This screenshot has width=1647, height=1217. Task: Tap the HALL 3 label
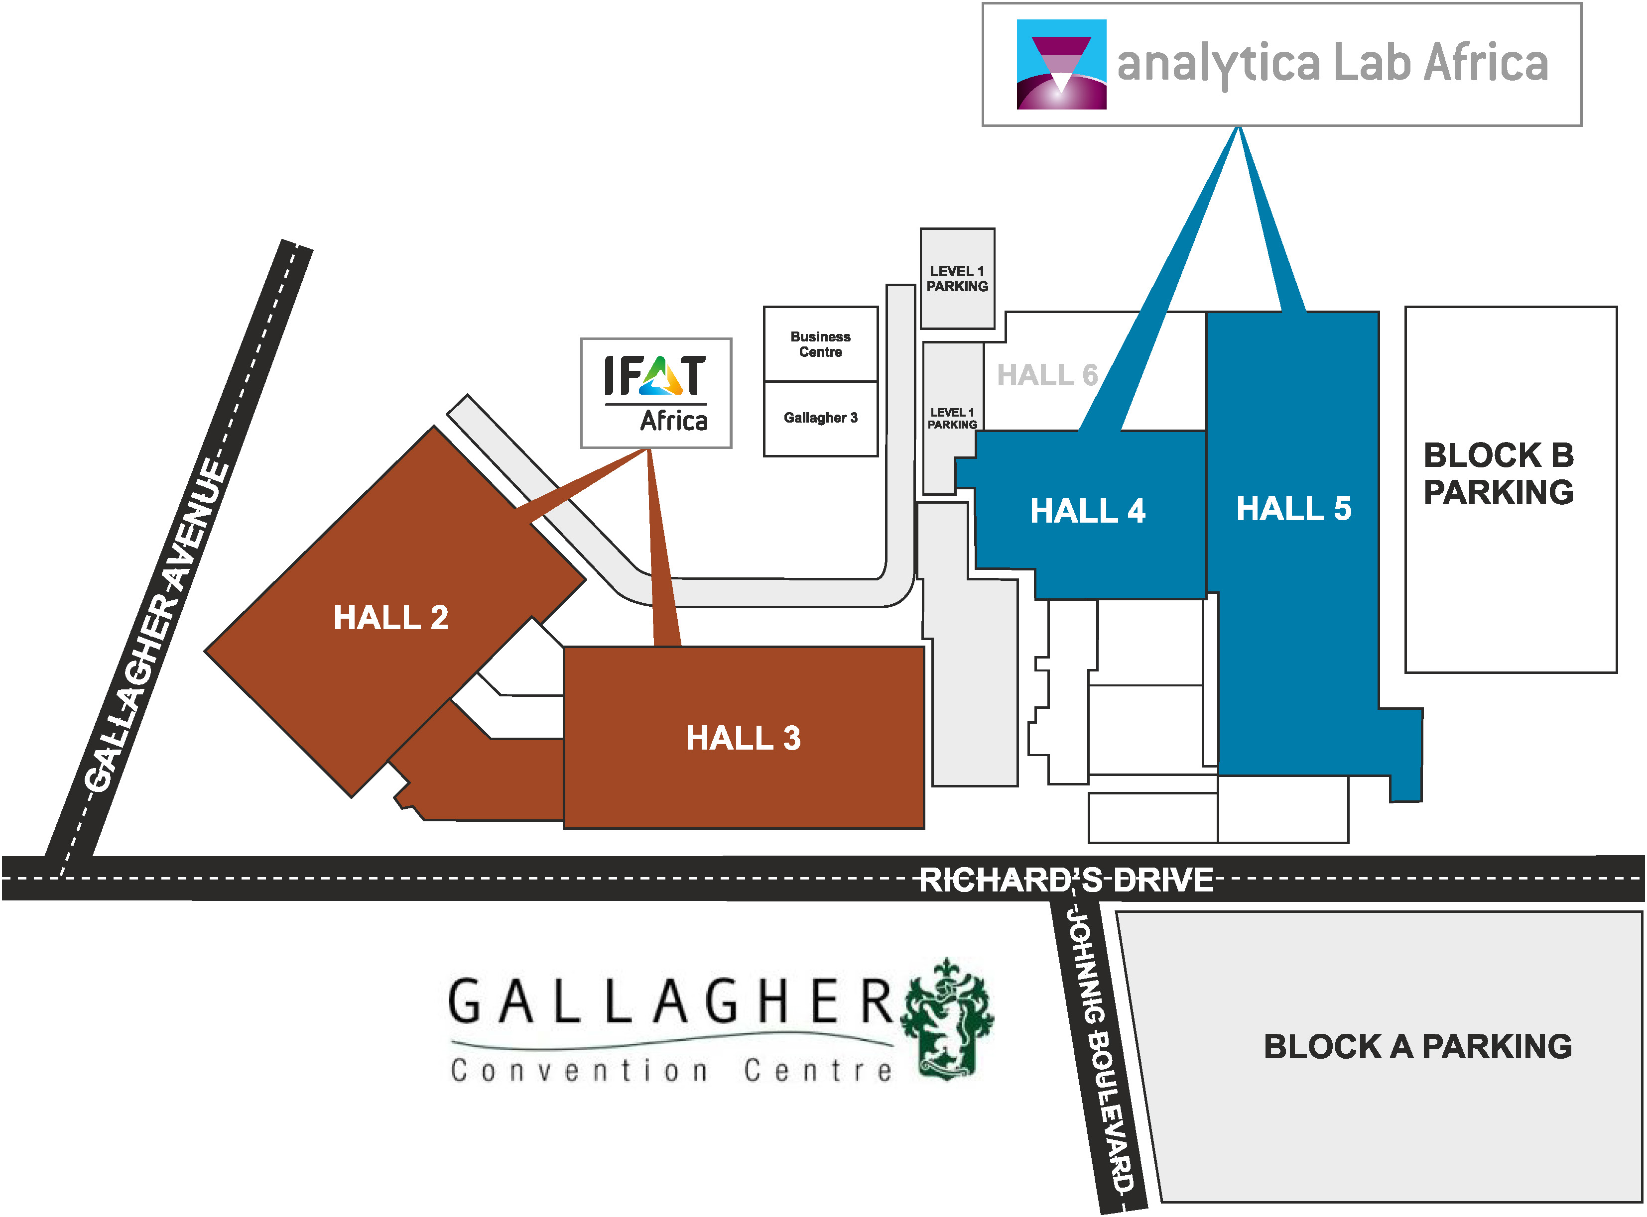(x=743, y=738)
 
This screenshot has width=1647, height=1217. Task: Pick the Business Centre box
(x=820, y=344)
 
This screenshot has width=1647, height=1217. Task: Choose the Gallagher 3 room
(x=820, y=418)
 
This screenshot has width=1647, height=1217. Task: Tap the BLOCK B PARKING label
(x=1498, y=474)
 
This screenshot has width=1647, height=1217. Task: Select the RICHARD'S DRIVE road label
(x=1066, y=880)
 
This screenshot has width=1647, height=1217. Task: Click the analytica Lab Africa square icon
(x=1061, y=64)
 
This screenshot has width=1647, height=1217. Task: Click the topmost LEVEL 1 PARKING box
(x=957, y=278)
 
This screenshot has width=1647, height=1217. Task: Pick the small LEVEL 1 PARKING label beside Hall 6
(x=952, y=419)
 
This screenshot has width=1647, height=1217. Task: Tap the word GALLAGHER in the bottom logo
(x=670, y=1002)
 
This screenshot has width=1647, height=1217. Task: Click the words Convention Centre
(x=670, y=1070)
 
